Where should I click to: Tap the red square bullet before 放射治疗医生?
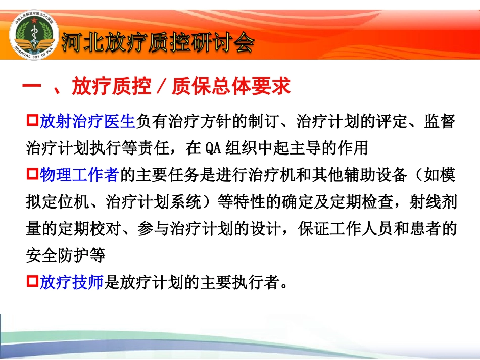[x=32, y=121]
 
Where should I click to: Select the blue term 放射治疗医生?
[x=87, y=122]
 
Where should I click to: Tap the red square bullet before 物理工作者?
[x=32, y=175]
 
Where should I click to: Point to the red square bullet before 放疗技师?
[x=32, y=282]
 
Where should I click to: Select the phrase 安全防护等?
[x=65, y=255]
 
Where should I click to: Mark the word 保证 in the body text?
[x=312, y=229]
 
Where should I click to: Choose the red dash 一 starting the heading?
[x=31, y=87]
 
